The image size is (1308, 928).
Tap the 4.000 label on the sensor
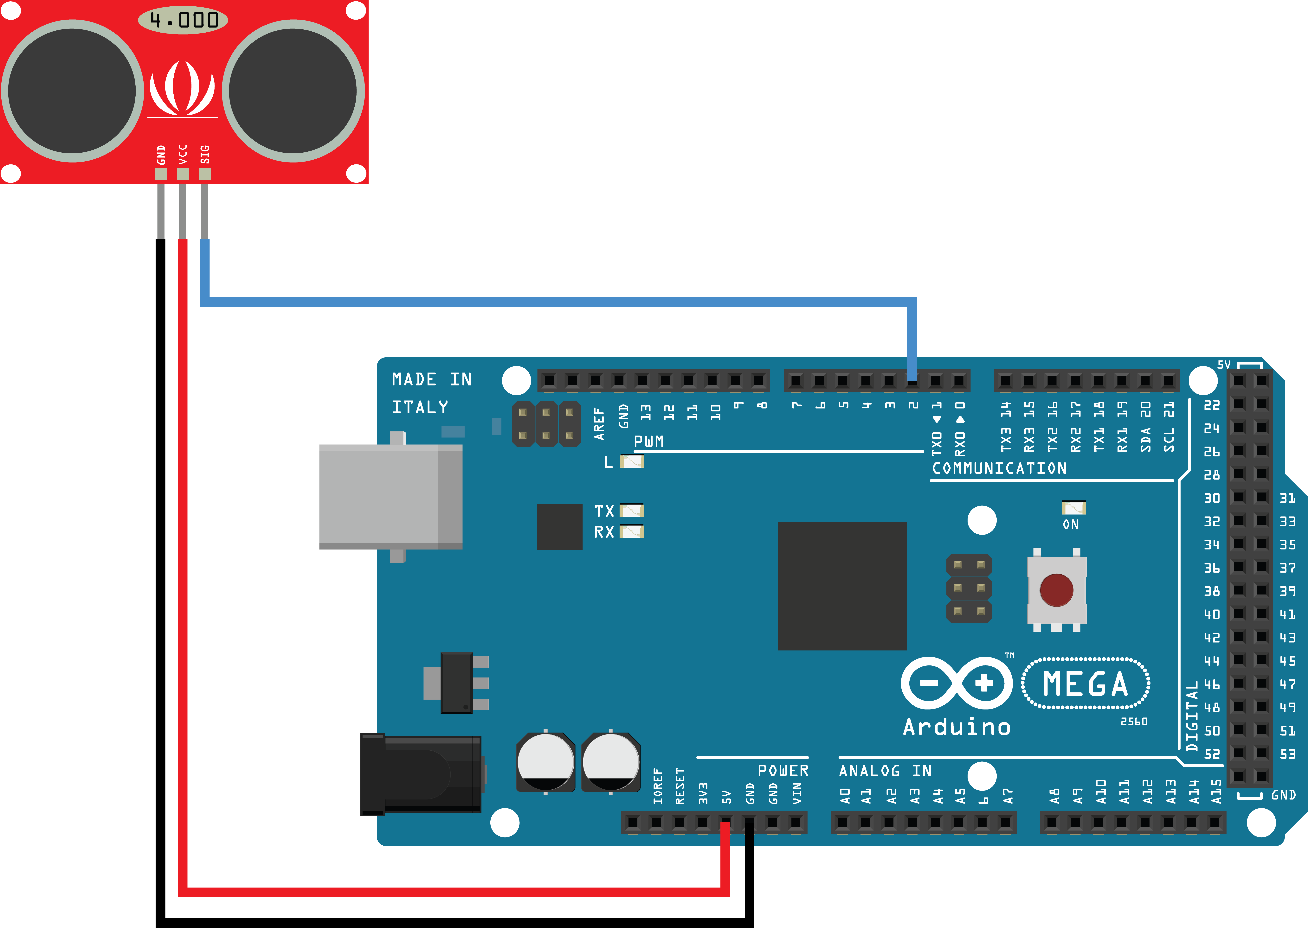coord(183,20)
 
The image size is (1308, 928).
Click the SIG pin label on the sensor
coord(205,154)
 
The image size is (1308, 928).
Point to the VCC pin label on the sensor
coord(183,154)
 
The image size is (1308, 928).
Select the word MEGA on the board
coord(1085,684)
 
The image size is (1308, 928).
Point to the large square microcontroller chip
coord(842,586)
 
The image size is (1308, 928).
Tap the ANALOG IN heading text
coord(885,771)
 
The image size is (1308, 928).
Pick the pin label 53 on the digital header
coord(1287,754)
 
